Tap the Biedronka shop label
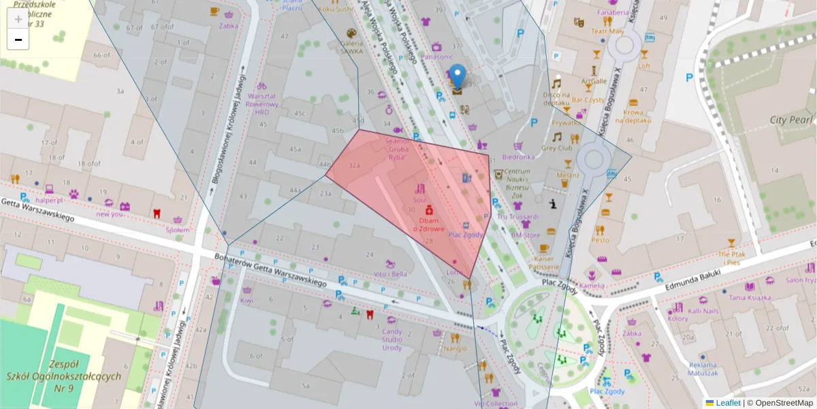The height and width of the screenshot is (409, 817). [x=519, y=156]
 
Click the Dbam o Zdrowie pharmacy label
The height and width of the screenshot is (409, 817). [x=429, y=225]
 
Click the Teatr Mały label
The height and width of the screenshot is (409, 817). [x=607, y=31]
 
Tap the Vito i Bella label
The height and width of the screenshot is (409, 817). [x=390, y=274]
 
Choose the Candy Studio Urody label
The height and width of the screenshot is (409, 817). [x=391, y=339]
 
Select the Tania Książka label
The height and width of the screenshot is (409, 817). [x=748, y=297]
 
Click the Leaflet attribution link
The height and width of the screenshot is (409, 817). [x=728, y=403]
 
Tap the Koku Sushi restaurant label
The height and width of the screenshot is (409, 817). [x=336, y=9]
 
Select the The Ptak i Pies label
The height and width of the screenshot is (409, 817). [x=732, y=258]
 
